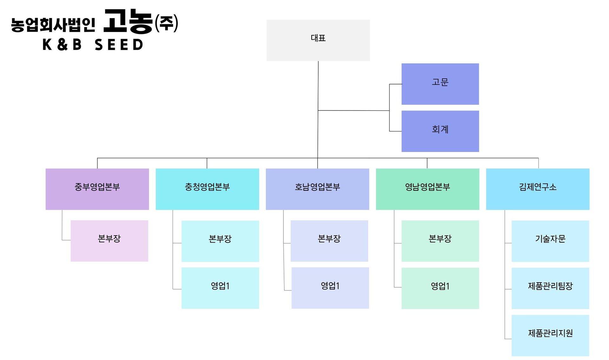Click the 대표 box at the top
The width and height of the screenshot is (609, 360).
318,40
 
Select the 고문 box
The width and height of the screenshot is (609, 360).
440,84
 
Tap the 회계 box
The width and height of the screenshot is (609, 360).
440,131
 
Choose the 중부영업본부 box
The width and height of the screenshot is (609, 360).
97,189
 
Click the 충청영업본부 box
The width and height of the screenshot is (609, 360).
207,189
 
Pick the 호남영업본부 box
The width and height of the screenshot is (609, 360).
317,189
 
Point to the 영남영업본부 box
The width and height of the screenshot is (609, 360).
427,189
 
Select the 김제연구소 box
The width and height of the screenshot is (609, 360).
538,189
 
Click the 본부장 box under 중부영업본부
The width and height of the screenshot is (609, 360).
109,241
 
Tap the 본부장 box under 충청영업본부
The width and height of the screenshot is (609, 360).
220,241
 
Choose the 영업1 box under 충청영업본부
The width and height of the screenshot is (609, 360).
220,288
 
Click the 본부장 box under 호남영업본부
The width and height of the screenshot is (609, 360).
329,241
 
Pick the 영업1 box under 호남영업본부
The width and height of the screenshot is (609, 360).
330,288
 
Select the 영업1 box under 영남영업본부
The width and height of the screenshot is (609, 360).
440,288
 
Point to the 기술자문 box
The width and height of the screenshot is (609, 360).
550,241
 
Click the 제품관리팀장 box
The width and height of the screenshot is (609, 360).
550,288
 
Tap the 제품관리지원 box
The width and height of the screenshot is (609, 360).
550,336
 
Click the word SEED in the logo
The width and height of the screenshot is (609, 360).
119,45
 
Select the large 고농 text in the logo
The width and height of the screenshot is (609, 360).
129,22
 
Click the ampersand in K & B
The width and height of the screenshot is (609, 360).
63,45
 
